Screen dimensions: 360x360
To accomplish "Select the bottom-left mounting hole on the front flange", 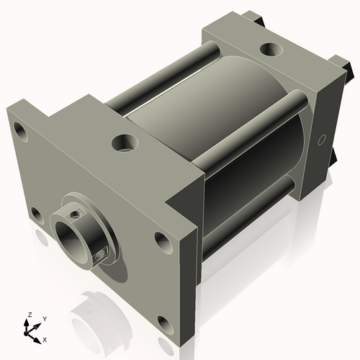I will point(35,213).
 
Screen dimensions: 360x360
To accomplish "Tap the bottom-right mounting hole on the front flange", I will point(166,325).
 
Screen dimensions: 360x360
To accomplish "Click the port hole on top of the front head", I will point(123,142).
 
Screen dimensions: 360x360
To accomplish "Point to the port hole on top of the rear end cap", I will point(271,50).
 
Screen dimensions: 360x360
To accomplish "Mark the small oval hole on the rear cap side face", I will point(321,137).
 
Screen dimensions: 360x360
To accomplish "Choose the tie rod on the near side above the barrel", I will point(248,128).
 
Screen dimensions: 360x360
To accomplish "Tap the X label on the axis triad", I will point(45,338).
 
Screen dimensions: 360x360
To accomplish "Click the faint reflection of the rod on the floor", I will point(97,306).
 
